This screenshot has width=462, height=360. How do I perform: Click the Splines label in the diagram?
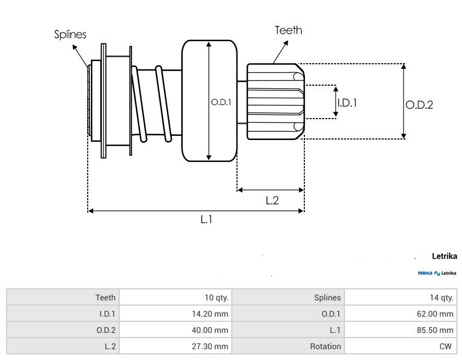click(70, 34)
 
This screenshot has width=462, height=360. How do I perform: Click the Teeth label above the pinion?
click(288, 30)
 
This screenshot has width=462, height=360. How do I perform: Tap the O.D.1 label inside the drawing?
click(221, 103)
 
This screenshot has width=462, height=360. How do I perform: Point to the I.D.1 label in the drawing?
click(347, 103)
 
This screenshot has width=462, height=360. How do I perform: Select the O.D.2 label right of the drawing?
click(419, 104)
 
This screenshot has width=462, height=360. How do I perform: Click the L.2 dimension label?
click(272, 200)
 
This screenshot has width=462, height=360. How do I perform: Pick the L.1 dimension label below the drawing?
click(207, 220)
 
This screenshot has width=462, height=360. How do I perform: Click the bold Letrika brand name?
click(444, 256)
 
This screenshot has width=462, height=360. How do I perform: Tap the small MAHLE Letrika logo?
click(437, 273)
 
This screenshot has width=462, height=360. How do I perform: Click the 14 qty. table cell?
click(441, 298)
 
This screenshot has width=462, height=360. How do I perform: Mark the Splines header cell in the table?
click(328, 298)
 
